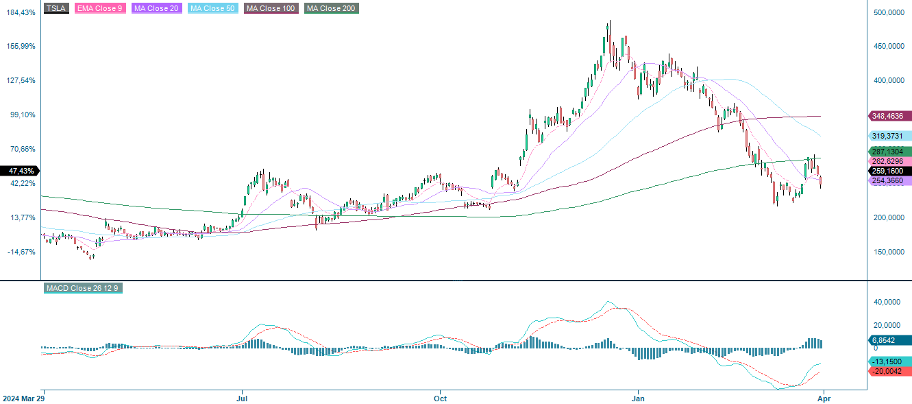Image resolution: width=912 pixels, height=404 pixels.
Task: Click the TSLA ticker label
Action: (x=56, y=8)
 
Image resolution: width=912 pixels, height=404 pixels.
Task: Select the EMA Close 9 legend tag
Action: (x=101, y=8)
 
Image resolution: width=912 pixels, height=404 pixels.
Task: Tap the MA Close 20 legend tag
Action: (x=157, y=8)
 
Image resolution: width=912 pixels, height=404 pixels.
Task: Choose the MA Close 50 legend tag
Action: (x=212, y=8)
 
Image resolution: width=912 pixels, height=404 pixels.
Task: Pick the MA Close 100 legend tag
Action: (x=270, y=8)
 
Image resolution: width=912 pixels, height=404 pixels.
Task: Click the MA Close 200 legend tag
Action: (x=332, y=8)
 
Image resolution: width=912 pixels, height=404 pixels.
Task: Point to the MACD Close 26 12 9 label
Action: (x=83, y=288)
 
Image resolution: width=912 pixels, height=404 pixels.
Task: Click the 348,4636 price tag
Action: (x=890, y=117)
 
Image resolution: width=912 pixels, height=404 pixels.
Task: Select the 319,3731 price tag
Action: (x=890, y=136)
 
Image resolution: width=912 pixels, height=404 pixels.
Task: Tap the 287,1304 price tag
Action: (x=890, y=152)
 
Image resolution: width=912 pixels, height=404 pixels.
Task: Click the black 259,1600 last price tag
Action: (x=890, y=171)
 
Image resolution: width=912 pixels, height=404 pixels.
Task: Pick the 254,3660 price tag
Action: (x=890, y=180)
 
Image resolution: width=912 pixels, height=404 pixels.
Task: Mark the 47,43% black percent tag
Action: (x=19, y=170)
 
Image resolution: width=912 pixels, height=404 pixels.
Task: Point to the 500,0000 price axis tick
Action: (x=893, y=12)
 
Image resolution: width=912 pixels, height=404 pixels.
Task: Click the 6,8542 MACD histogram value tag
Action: (x=890, y=340)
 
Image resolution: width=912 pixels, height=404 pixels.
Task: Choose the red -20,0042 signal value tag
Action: (x=890, y=371)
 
